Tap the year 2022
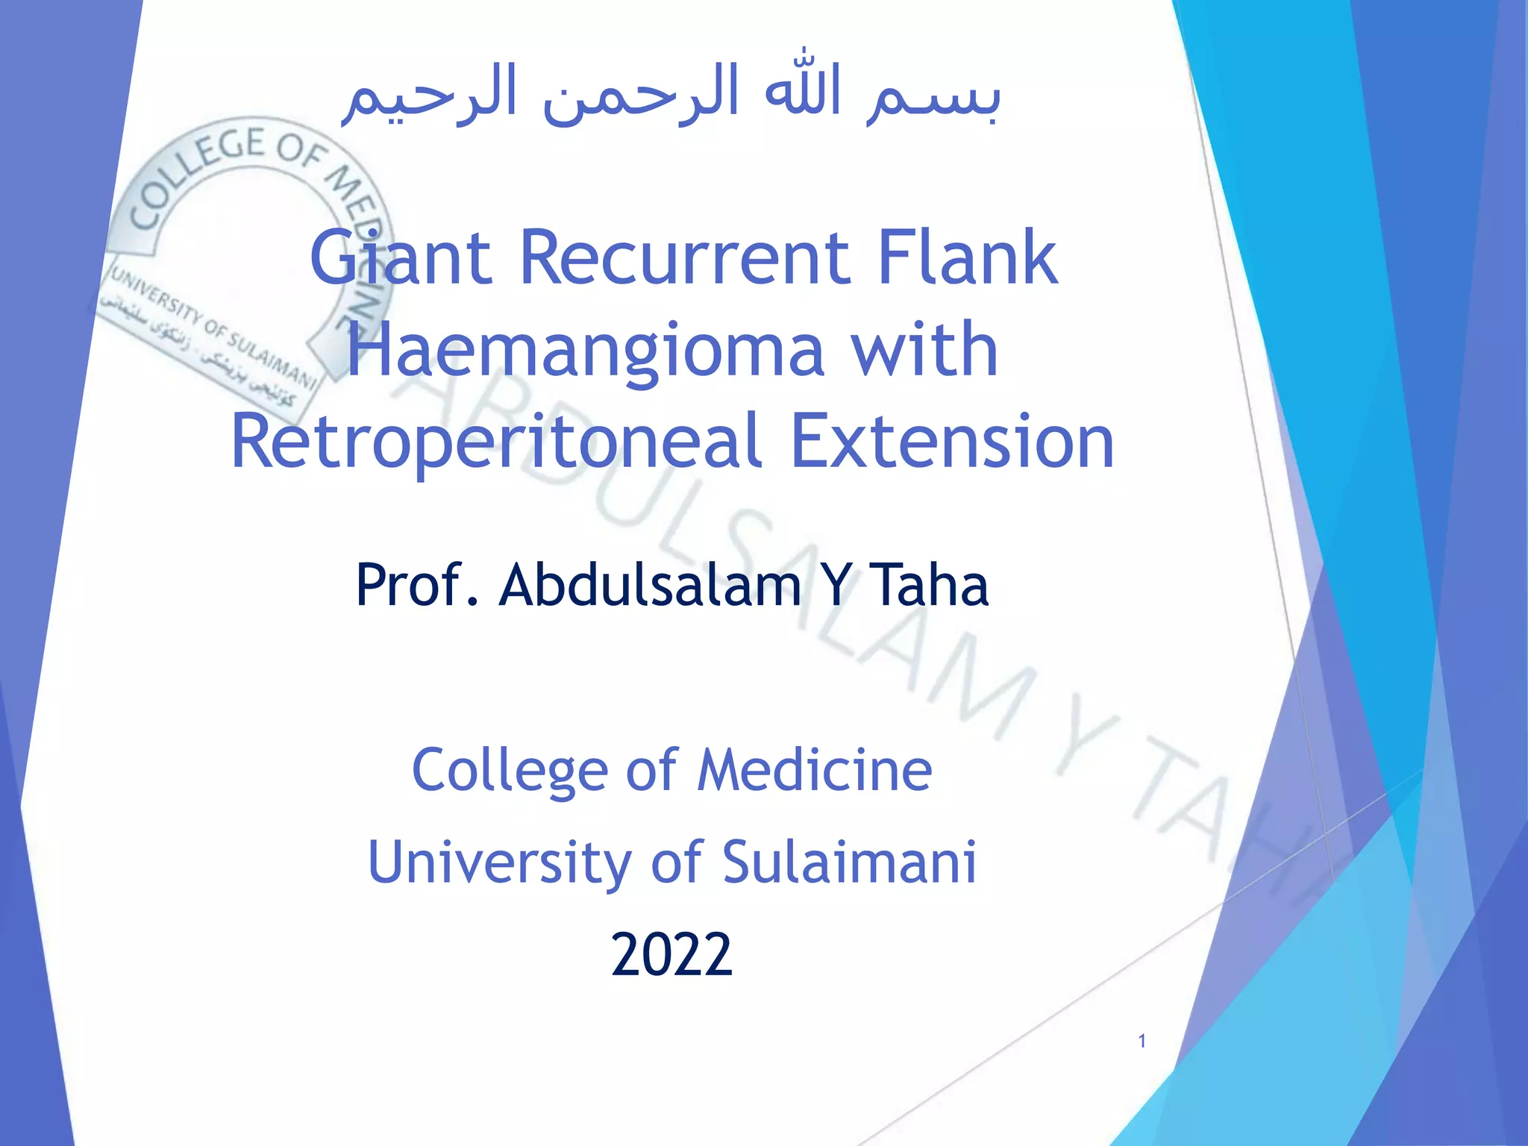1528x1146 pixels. [671, 954]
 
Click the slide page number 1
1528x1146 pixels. [1142, 1041]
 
